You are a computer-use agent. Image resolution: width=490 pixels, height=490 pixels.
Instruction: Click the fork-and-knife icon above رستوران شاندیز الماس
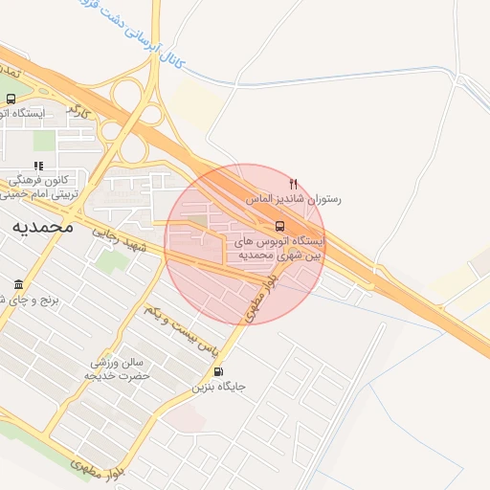[294, 183]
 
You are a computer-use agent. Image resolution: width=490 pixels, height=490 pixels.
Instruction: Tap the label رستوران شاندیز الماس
[293, 199]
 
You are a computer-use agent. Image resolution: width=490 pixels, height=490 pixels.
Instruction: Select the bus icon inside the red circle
[279, 227]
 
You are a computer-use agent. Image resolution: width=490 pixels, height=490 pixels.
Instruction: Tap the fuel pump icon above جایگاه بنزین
[219, 372]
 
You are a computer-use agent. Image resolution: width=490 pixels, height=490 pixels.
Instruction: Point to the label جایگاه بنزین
[219, 388]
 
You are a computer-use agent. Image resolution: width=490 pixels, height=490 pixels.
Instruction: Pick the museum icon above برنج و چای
[19, 284]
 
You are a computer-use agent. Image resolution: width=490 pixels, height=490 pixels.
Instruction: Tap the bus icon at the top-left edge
[11, 99]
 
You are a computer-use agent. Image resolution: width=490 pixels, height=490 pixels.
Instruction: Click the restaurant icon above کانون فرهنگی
[38, 167]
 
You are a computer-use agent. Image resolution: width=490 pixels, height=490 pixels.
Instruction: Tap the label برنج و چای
[29, 300]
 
